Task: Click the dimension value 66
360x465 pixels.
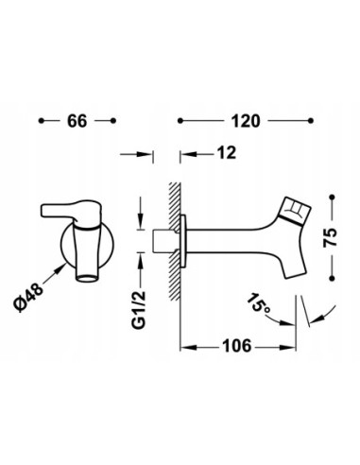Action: click(77, 121)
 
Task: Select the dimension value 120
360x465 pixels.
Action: click(246, 121)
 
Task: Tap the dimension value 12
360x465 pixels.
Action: click(227, 153)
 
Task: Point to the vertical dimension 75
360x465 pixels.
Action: click(331, 237)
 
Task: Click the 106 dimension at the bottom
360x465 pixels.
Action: click(237, 346)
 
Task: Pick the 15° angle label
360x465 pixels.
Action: click(258, 303)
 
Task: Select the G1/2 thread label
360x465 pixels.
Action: click(139, 310)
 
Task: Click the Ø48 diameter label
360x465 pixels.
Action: click(28, 297)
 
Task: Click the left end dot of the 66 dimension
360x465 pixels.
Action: click(41, 121)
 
